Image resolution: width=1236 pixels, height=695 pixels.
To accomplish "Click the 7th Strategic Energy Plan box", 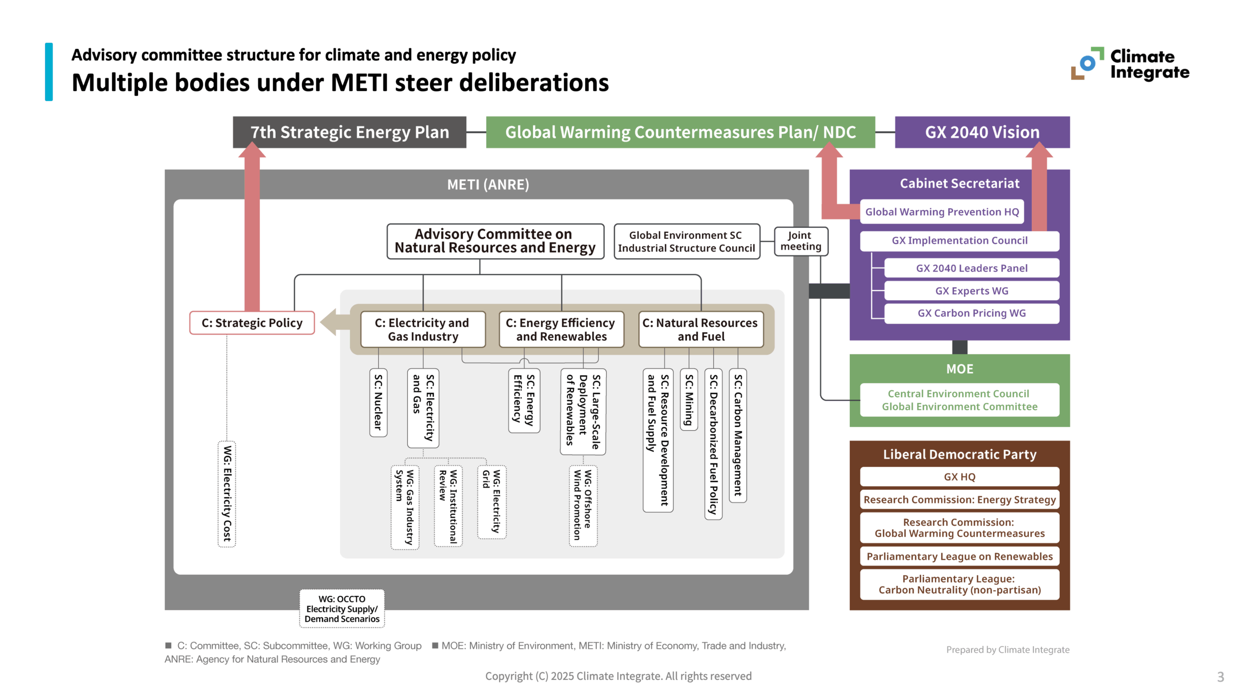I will click(x=349, y=132).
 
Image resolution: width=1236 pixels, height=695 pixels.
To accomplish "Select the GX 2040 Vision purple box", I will click(x=982, y=132).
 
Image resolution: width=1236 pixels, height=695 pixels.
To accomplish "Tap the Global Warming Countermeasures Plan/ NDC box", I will click(x=680, y=132).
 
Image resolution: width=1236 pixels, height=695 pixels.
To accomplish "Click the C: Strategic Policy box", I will click(x=252, y=323).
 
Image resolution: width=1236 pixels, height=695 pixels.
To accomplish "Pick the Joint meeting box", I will click(x=800, y=241).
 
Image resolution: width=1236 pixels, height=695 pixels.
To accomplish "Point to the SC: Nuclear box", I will click(x=378, y=403).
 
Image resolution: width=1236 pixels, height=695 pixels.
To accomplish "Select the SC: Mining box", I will click(x=688, y=400).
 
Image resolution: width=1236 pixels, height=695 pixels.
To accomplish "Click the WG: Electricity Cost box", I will click(x=226, y=493).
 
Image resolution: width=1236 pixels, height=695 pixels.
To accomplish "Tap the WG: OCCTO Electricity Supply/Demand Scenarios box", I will click(x=342, y=609).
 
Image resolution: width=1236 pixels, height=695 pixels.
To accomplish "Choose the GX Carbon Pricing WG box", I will click(x=971, y=313).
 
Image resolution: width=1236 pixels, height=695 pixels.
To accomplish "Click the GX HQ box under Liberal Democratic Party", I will click(x=959, y=477).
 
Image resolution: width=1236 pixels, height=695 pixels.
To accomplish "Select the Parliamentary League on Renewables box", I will click(x=959, y=556).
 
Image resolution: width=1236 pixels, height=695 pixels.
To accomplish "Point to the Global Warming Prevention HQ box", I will click(x=941, y=212).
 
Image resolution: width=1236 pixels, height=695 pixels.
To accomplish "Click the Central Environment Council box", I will click(x=959, y=400).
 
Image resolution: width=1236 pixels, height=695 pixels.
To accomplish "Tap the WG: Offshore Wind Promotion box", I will click(x=582, y=505).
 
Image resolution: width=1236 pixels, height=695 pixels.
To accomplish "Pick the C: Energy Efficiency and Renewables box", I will click(x=561, y=330).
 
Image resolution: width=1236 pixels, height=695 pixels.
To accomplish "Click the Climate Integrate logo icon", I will click(x=1087, y=64).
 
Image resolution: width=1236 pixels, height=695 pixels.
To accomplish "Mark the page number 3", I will click(x=1220, y=677).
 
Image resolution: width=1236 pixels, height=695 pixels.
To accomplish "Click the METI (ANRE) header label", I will click(x=488, y=184).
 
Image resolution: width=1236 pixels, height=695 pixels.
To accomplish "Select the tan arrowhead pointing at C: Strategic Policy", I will click(x=331, y=322).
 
